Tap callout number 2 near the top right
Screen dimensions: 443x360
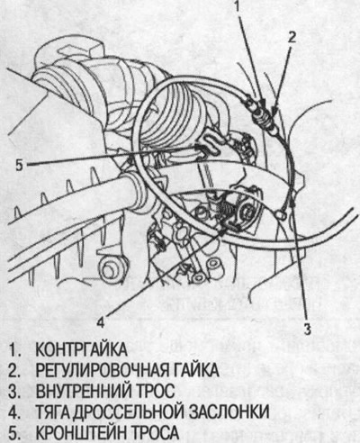tap(291, 37)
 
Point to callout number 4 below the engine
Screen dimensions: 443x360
tap(101, 316)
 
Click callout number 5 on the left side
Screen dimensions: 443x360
tap(20, 165)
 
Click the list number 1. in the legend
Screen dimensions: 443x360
tap(10, 347)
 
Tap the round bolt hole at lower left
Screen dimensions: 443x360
tap(111, 267)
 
